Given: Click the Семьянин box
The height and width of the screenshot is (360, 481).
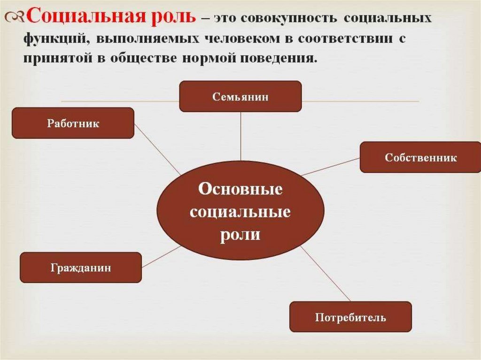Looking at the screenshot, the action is pos(240,96).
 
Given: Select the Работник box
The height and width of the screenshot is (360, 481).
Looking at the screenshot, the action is pos(73,123).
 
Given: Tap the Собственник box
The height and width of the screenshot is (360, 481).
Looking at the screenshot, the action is pos(420,157).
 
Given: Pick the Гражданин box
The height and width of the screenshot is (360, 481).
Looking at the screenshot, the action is pos(80,268).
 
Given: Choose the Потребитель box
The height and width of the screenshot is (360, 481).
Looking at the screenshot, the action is pos(350,317).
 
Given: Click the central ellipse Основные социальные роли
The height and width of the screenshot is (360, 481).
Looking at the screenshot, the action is pos(240,211).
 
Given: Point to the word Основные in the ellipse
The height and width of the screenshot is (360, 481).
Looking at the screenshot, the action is pos(240,190).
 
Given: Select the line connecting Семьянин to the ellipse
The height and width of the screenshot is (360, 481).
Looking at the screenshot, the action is pos(240,136).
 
